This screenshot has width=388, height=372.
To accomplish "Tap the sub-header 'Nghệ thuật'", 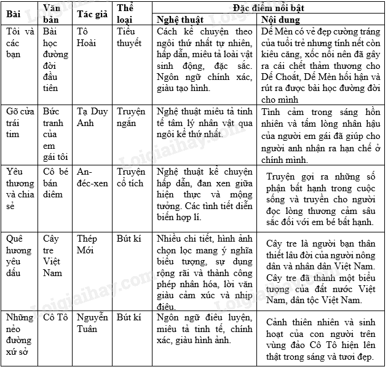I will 180,18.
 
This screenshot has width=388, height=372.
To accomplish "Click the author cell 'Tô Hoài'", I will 87,36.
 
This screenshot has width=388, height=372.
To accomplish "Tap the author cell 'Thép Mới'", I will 87,244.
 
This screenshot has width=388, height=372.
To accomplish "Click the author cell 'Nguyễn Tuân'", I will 92,323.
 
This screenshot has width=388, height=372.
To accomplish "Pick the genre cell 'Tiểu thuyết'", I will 129,36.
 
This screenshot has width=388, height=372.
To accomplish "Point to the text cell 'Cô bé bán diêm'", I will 53,183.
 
